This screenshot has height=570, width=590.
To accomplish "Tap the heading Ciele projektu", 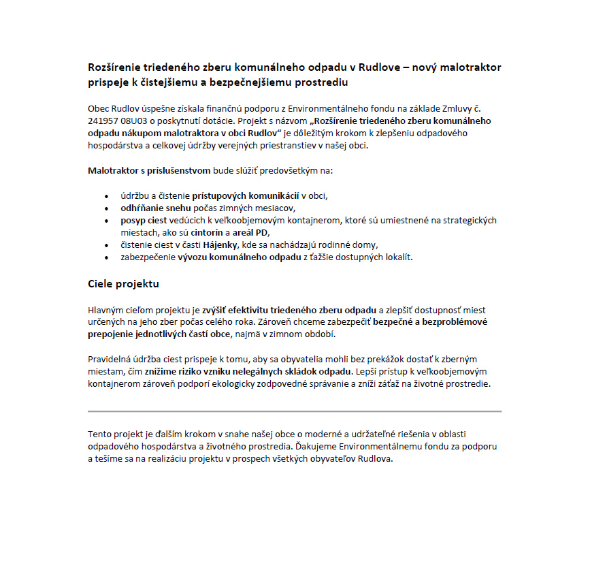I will point(123,283).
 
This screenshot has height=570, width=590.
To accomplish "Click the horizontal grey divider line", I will point(295,411).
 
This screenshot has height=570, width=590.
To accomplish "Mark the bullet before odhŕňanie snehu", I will point(106,208).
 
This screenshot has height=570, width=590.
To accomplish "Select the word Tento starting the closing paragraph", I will point(101,434).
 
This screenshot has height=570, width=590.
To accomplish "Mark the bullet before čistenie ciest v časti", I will point(106,245).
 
